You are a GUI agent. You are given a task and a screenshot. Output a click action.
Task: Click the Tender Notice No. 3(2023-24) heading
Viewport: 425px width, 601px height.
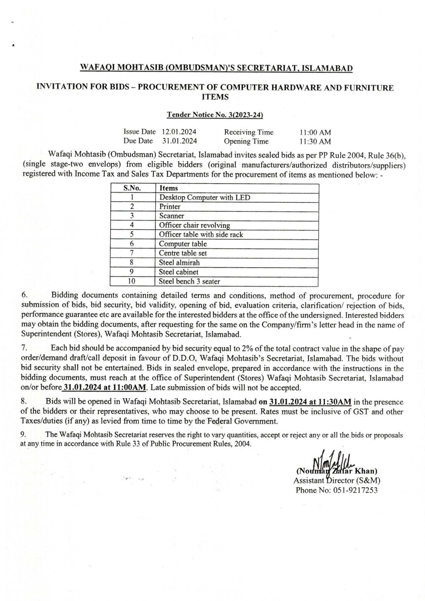215,115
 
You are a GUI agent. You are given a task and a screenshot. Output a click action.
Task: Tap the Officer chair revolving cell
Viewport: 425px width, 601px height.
194,225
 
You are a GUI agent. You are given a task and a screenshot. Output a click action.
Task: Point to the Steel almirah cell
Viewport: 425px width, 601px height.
179,262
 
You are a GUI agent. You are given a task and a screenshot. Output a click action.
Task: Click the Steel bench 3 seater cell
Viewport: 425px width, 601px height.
189,281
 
